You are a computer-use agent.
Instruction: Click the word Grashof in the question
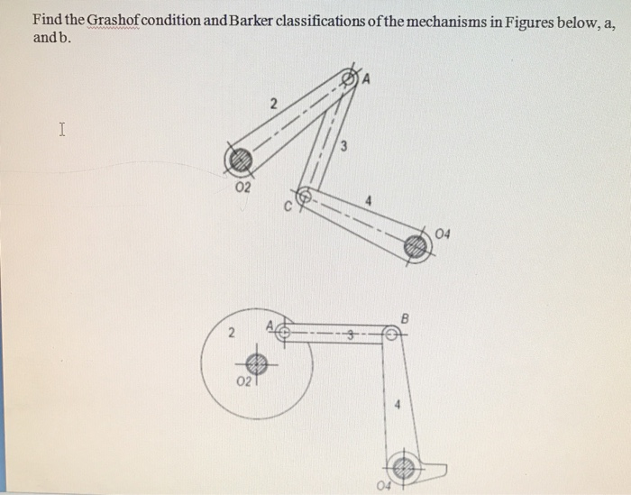121,22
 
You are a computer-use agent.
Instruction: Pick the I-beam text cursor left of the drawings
61,130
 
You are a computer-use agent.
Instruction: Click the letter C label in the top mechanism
288,208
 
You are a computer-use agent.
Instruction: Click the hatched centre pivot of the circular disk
257,364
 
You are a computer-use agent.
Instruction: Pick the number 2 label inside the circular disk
231,334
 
